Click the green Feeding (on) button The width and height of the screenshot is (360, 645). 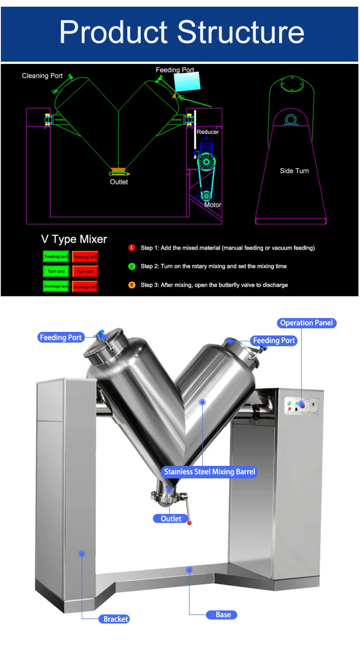[x=56, y=256]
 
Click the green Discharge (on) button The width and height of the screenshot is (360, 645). [x=56, y=286]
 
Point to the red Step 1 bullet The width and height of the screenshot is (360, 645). [x=132, y=248]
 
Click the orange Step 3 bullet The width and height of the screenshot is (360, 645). [x=132, y=285]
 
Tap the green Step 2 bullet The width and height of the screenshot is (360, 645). [x=132, y=266]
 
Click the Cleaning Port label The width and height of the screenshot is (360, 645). [x=42, y=76]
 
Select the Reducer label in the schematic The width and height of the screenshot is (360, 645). [x=208, y=132]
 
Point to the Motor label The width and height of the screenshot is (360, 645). [x=213, y=205]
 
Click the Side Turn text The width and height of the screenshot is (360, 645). [x=294, y=171]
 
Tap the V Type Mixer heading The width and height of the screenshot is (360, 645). [x=74, y=239]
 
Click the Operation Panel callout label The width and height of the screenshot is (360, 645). [x=306, y=322]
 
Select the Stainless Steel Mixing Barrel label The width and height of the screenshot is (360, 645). [x=209, y=472]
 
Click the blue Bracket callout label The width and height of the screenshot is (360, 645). [x=116, y=619]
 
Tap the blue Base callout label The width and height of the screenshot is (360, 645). [x=222, y=615]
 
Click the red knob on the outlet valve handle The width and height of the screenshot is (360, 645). [x=189, y=522]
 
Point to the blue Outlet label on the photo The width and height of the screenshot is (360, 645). [x=171, y=519]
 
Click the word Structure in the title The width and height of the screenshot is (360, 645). [x=241, y=32]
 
